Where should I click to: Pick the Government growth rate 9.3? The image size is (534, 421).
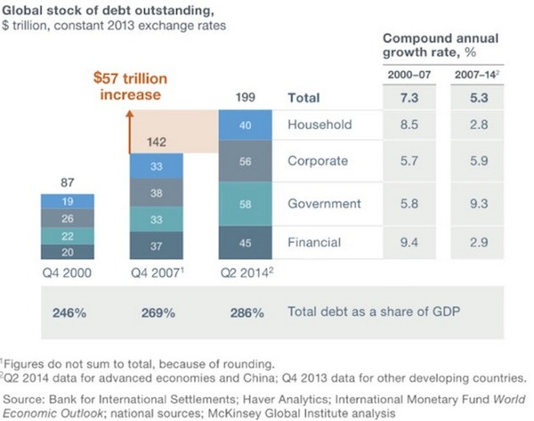pos(479,204)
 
